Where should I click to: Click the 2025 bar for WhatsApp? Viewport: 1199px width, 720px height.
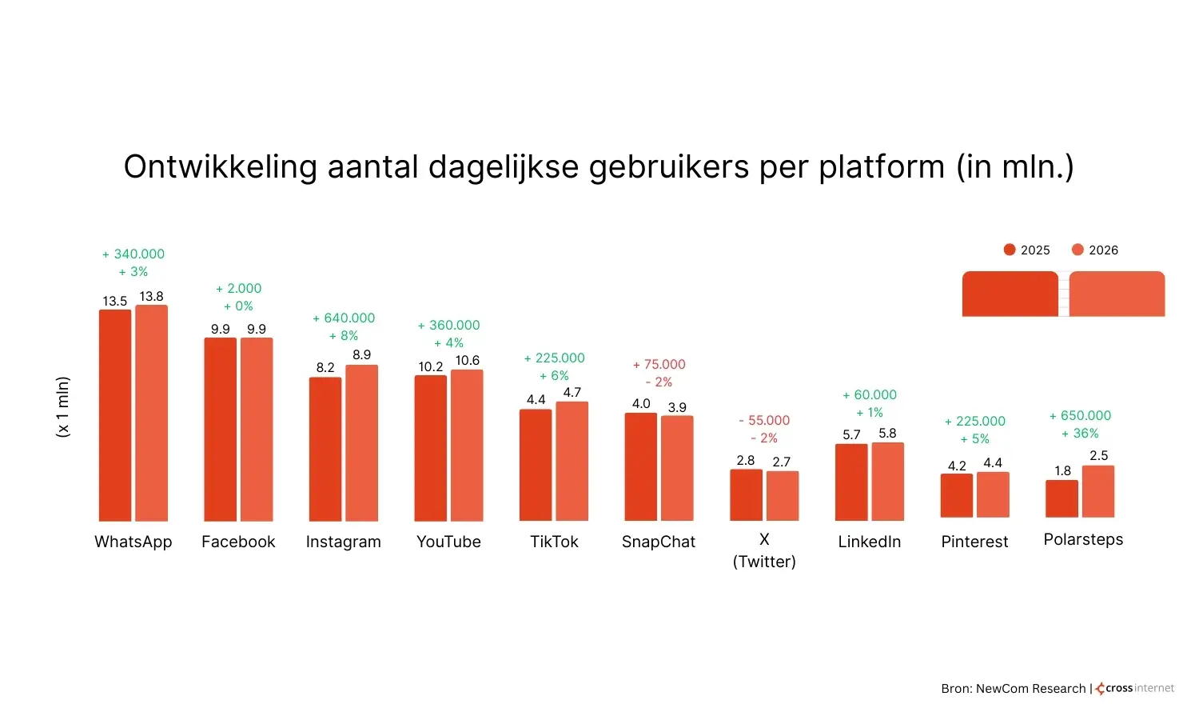pyautogui.click(x=115, y=415)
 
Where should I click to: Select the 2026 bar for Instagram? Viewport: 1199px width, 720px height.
pyautogui.click(x=361, y=443)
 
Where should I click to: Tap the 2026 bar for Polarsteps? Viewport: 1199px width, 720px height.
pyautogui.click(x=1098, y=491)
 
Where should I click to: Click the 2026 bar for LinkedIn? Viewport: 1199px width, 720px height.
pyautogui.click(x=887, y=482)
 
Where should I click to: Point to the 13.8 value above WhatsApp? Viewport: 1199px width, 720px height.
pyautogui.click(x=151, y=297)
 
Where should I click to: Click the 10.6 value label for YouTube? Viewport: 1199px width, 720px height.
pyautogui.click(x=467, y=361)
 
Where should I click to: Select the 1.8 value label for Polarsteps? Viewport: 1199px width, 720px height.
pyautogui.click(x=1062, y=471)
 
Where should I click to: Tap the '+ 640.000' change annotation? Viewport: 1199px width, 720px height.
pyautogui.click(x=344, y=318)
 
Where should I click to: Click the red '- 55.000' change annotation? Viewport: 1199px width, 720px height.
pyautogui.click(x=764, y=421)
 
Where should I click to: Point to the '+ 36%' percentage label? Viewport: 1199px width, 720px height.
pyautogui.click(x=1080, y=434)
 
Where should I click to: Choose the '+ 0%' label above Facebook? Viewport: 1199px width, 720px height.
pyautogui.click(x=238, y=306)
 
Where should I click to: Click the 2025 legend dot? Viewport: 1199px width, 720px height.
pyautogui.click(x=1010, y=250)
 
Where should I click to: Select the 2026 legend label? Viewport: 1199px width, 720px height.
pyautogui.click(x=1103, y=250)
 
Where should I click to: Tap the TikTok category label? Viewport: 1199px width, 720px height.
pyautogui.click(x=554, y=542)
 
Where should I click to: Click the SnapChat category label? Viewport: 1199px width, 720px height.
pyautogui.click(x=659, y=542)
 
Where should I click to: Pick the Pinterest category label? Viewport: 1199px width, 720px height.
pyautogui.click(x=974, y=542)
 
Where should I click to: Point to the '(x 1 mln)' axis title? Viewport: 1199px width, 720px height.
pyautogui.click(x=63, y=406)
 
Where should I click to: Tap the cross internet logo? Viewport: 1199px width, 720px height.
pyautogui.click(x=1135, y=688)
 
